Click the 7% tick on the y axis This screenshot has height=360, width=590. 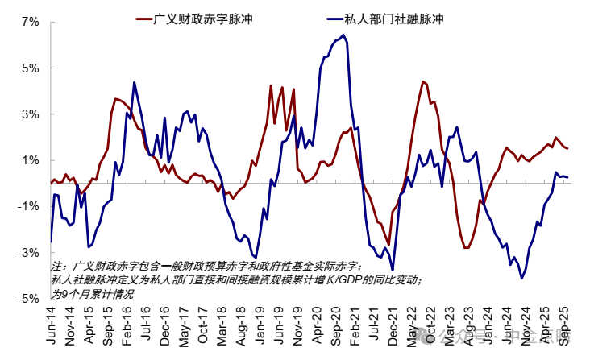pyautogui.click(x=29, y=22)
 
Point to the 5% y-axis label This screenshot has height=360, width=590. pyautogui.click(x=29, y=68)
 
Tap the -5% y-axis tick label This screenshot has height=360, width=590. pyautogui.click(x=27, y=299)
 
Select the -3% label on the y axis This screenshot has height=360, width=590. pyautogui.click(x=27, y=253)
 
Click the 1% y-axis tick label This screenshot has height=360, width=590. pyautogui.click(x=29, y=160)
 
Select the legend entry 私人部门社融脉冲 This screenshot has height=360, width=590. pyautogui.click(x=398, y=17)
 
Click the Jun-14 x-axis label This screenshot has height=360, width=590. pyautogui.click(x=53, y=329)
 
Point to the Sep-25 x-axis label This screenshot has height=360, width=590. pyautogui.click(x=566, y=329)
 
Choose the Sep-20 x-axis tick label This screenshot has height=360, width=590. pyautogui.click(x=338, y=329)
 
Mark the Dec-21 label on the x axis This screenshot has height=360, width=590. pyautogui.click(x=394, y=329)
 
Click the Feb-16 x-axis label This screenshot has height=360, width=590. pyautogui.click(x=129, y=329)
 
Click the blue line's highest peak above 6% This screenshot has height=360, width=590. pyautogui.click(x=343, y=35)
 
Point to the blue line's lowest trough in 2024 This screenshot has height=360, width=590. pyautogui.click(x=522, y=278)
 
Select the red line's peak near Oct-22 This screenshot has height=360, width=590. pyautogui.click(x=422, y=81)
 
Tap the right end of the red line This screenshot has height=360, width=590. pyautogui.click(x=567, y=148)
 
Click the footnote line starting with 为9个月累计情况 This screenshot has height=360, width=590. pyautogui.click(x=91, y=294)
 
